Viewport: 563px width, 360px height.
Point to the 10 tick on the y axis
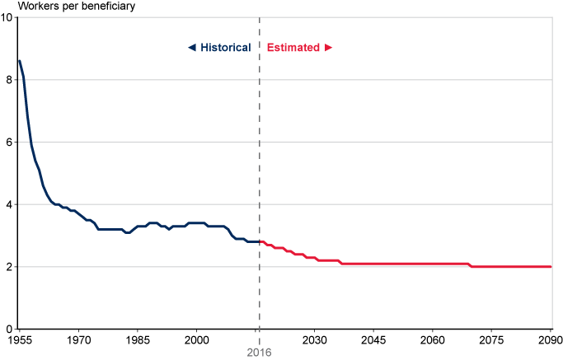[x=7, y=17]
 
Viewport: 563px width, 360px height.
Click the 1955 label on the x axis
[x=20, y=339]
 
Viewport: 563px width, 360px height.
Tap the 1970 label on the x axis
[x=78, y=339]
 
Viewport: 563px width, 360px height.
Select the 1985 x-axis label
[x=138, y=339]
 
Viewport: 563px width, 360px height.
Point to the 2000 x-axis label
[x=196, y=339]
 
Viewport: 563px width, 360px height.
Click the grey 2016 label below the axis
[x=259, y=352]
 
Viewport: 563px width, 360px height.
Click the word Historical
[x=225, y=48]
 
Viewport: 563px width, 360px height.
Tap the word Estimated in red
[x=293, y=48]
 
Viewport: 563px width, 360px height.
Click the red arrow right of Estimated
[x=328, y=48]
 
